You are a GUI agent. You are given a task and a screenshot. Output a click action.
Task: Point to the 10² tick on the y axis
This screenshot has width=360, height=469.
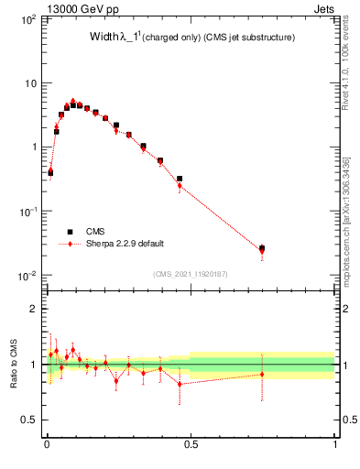[28, 19]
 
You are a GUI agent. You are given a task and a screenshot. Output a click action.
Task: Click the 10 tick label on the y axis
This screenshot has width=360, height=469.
[30, 83]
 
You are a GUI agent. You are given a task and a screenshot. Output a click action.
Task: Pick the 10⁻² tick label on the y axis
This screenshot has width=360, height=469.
[28, 276]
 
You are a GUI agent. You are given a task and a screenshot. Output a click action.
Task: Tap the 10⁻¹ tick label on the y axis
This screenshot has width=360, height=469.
[28, 212]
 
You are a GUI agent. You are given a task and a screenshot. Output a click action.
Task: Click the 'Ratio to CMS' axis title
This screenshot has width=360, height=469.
[12, 365]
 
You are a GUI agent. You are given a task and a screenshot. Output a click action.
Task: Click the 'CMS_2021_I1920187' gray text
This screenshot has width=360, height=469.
[191, 274]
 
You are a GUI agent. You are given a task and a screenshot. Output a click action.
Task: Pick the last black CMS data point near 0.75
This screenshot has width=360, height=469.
[262, 248]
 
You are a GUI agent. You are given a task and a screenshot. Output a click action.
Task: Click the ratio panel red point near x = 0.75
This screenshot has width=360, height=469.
[262, 374]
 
